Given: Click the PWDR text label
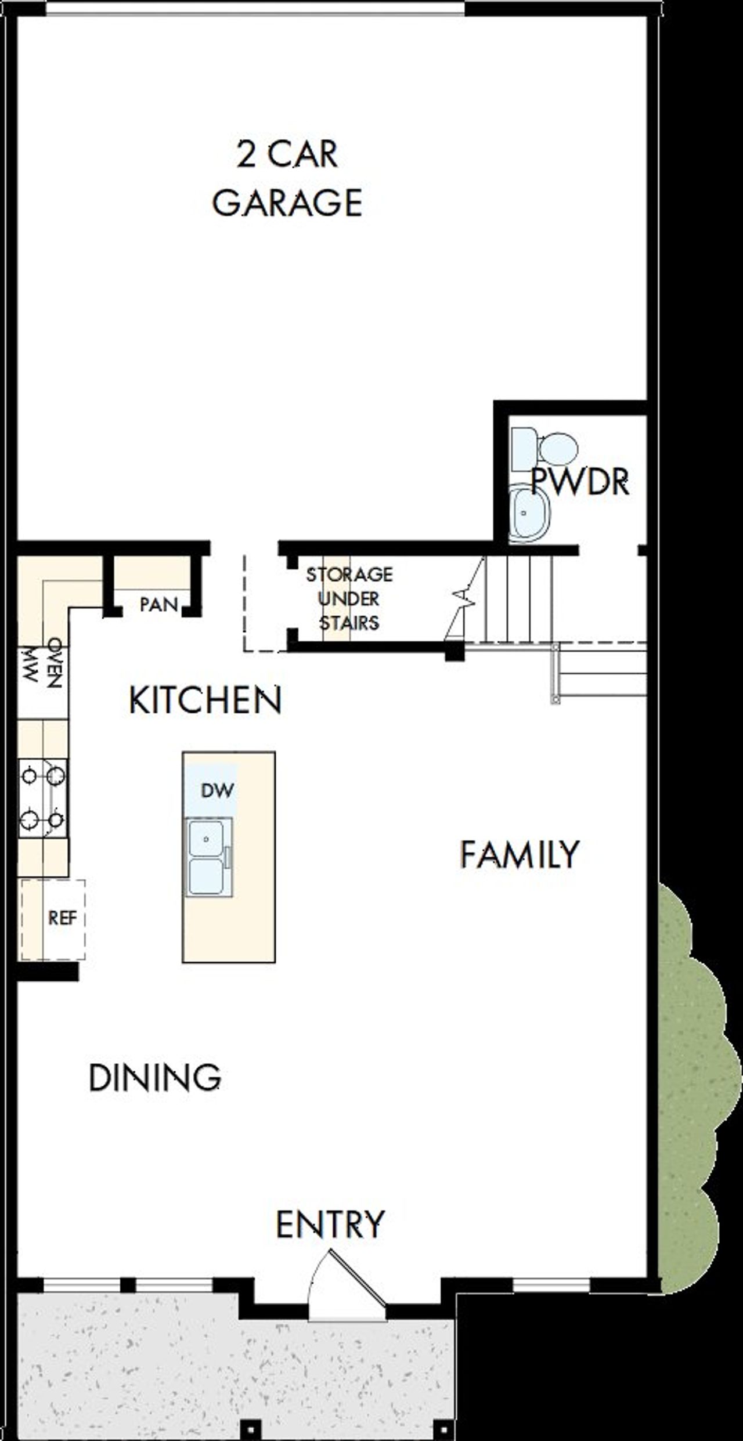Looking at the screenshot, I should pos(580,481).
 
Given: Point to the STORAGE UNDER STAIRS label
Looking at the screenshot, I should pos(349,598).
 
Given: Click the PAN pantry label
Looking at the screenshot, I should pos(158,604).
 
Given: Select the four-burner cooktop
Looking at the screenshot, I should pos(42,797).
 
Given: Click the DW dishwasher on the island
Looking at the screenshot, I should pos(217,790).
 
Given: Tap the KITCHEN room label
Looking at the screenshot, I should pos(205,700).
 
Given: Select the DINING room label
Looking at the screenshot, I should pos(155,1078).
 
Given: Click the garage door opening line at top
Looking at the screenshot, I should pos(255,9).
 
